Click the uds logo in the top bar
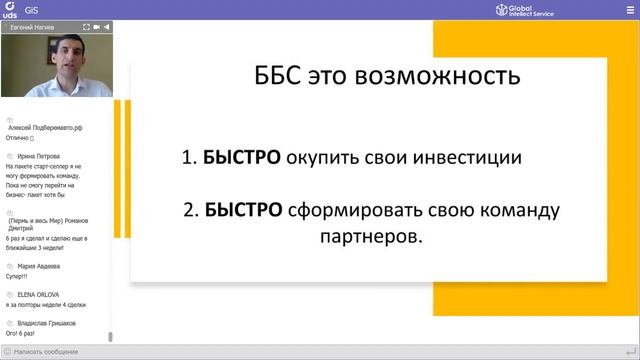click(x=9, y=10)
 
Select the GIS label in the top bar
click(x=31, y=10)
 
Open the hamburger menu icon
click(x=628, y=10)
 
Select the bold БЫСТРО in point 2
click(x=245, y=211)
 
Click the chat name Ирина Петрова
click(x=39, y=157)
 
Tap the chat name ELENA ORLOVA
click(x=38, y=295)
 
